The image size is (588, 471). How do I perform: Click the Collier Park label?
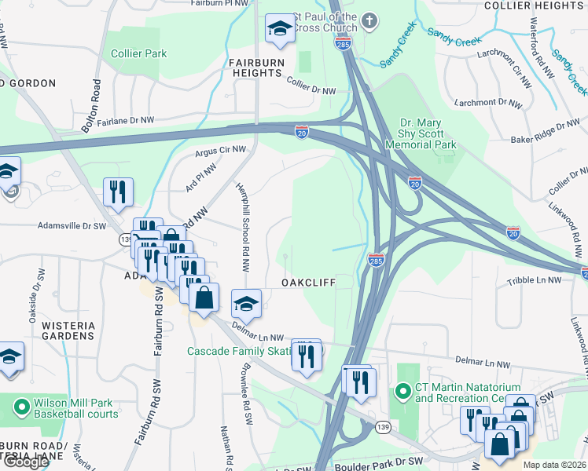[138, 53]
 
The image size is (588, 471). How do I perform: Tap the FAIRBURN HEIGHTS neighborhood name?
[255, 67]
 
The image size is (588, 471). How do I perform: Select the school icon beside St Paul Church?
[279, 30]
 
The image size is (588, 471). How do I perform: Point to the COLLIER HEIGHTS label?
[534, 5]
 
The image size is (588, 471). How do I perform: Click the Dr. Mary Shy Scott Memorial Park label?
[428, 134]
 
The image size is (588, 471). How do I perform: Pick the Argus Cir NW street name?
[220, 149]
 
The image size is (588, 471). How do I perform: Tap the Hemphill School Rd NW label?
[243, 228]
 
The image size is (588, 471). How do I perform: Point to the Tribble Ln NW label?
[535, 280]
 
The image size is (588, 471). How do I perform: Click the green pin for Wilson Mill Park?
[21, 408]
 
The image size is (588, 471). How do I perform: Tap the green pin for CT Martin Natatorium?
[403, 390]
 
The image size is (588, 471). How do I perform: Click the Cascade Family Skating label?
[239, 351]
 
